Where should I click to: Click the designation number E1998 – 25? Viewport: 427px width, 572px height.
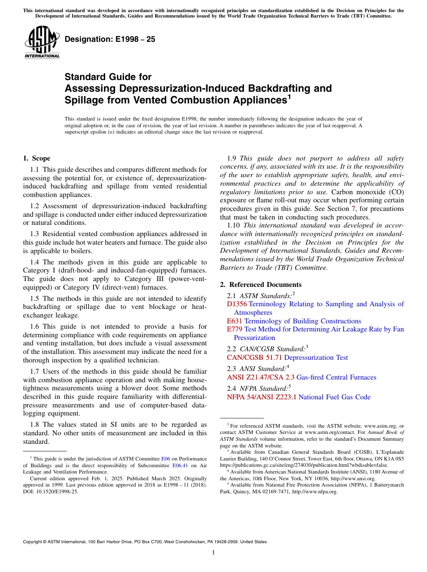[x=110, y=40]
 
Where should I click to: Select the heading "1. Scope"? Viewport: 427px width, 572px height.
[x=36, y=158]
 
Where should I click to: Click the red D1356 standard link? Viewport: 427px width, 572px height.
[x=237, y=304]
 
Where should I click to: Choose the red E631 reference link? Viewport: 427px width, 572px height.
[x=235, y=321]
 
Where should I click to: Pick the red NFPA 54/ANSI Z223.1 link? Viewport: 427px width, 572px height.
[x=262, y=397]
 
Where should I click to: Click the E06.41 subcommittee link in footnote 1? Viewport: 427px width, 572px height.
[x=180, y=466]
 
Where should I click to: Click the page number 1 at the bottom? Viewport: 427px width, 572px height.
[x=213, y=553]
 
